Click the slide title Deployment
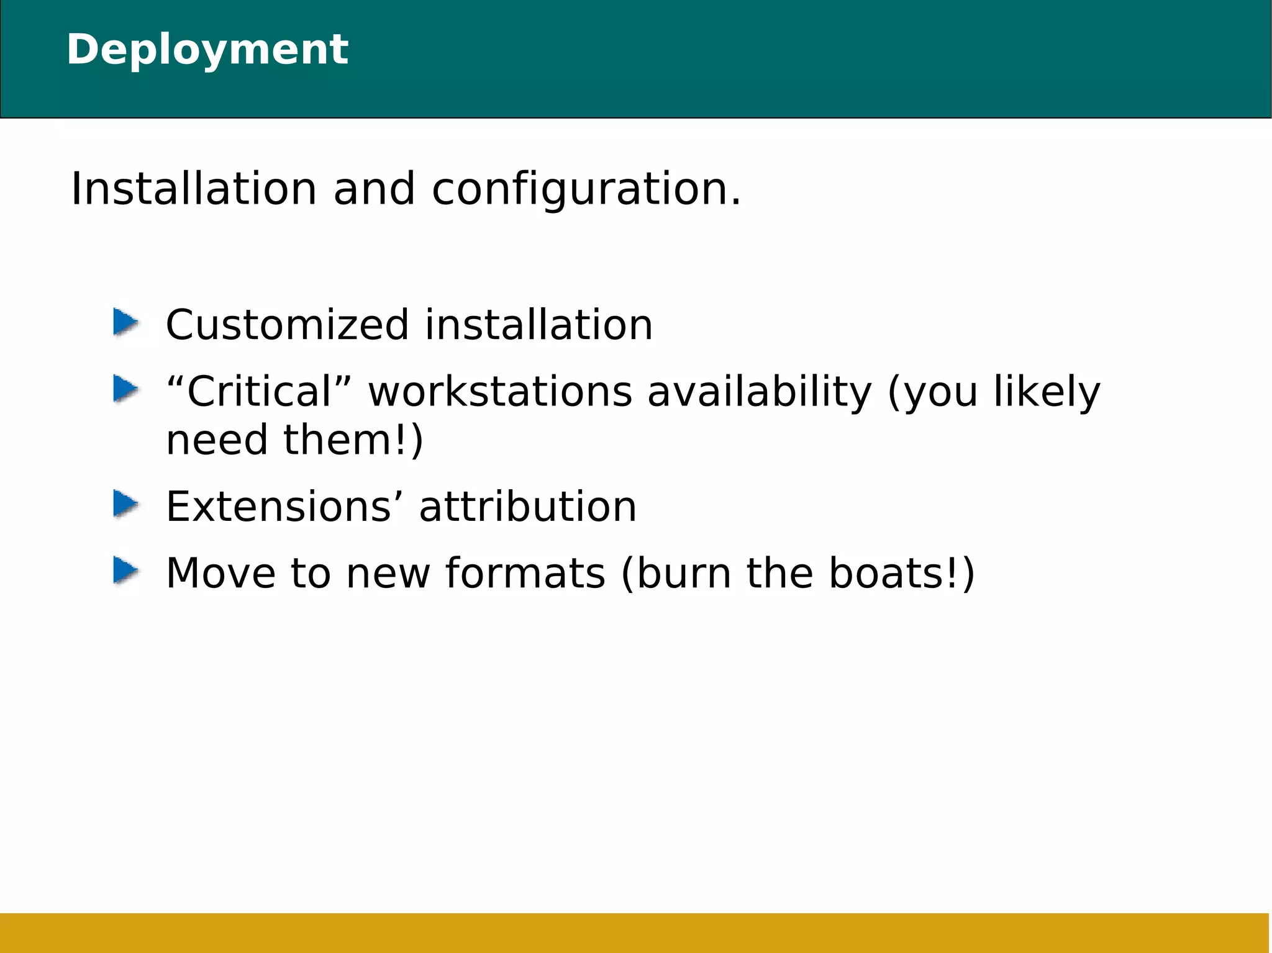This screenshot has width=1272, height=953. point(207,50)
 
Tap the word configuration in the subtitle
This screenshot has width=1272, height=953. point(586,190)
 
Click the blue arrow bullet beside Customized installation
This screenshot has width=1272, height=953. point(125,323)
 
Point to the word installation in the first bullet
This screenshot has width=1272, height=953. point(538,325)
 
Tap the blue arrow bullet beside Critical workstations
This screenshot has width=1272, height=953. point(125,389)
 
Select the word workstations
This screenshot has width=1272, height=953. point(500,392)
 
